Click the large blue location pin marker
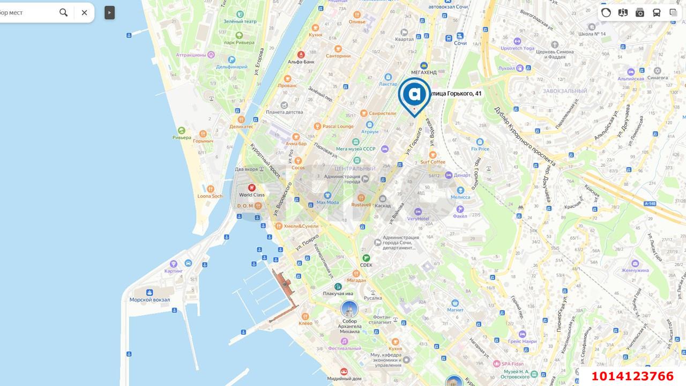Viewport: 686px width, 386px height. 414,95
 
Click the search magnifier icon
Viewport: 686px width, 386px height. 64,12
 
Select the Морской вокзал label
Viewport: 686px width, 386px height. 150,300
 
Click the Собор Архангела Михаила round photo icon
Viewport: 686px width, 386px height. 349,309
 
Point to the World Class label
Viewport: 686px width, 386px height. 252,195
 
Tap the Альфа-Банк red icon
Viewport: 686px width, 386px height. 301,55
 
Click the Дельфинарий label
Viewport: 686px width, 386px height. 232,67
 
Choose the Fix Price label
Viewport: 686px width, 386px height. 480,149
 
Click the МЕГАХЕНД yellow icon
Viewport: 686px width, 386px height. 424,65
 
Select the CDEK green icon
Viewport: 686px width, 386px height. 366,258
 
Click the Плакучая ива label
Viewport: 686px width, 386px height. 338,293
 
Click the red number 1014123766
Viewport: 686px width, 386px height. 632,376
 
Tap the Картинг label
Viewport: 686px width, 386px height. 174,271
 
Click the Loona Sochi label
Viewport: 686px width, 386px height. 210,196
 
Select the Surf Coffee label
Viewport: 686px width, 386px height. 433,162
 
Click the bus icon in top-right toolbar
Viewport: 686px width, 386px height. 657,12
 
